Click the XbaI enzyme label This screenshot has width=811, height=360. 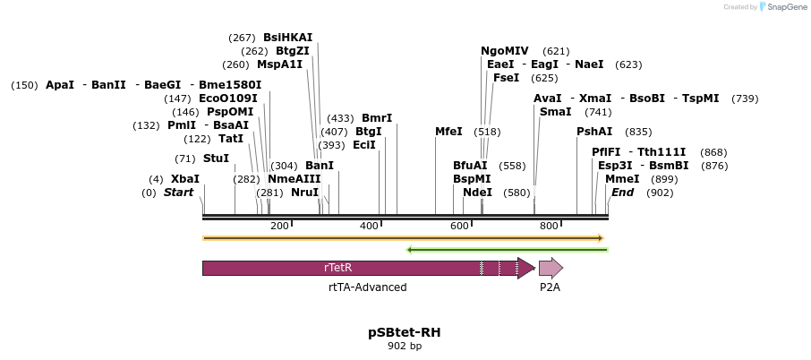coord(184,179)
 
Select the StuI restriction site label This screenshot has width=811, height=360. coord(216,159)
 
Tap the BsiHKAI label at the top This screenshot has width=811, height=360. coord(287,38)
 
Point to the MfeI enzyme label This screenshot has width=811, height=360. coord(448,132)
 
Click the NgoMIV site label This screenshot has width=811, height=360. coord(505,51)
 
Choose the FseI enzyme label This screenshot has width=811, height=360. coord(506,78)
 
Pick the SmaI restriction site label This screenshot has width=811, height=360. coord(555,112)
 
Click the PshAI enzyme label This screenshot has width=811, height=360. coord(594,132)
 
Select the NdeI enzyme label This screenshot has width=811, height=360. coord(477,193)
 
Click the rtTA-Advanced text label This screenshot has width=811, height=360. coord(367,287)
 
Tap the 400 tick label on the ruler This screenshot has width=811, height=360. coord(369,227)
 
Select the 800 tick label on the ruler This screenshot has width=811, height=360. coord(549,227)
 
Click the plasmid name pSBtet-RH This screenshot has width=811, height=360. coord(404,332)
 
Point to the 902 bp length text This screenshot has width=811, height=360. coord(404,346)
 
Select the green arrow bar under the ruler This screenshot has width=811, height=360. coord(507,249)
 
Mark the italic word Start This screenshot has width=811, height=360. coord(178,193)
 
